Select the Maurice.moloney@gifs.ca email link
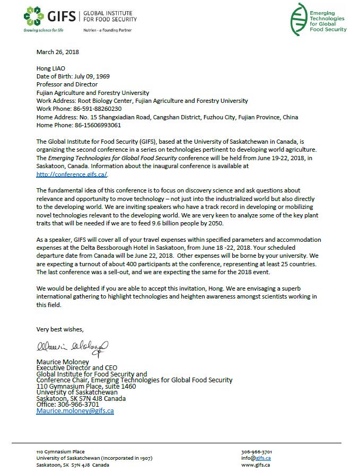[75, 411]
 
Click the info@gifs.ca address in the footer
[256, 458]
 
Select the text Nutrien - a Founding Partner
[108, 30]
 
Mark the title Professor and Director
[67, 84]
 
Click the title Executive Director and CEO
[76, 368]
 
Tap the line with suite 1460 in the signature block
[86, 387]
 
